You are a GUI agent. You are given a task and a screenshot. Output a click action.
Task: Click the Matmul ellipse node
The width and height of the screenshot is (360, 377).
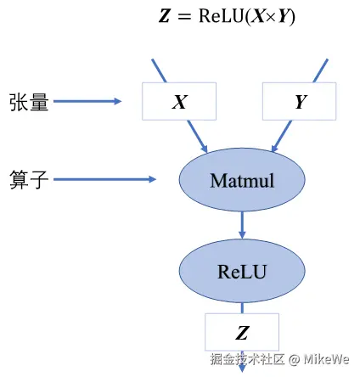tap(242, 180)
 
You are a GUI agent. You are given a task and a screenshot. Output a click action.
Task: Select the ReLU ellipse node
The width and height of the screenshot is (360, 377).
tap(242, 271)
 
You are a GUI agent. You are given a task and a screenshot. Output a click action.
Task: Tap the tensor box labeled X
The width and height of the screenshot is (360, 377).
tap(179, 101)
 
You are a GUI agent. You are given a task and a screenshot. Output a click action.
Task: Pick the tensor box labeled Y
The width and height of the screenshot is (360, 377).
tap(300, 101)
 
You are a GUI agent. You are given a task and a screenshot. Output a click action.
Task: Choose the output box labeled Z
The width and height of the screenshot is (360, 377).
tap(242, 332)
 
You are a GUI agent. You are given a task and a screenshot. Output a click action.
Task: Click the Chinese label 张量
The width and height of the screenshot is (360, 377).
tap(29, 102)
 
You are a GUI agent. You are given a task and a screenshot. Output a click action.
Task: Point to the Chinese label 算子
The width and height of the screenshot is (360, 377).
tap(29, 179)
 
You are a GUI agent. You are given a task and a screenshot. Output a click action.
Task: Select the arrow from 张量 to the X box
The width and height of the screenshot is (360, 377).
tap(87, 101)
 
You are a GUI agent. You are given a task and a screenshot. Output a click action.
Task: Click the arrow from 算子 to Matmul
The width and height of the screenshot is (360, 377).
tap(104, 179)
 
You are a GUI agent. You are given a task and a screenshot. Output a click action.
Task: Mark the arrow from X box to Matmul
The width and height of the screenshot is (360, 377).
tap(198, 137)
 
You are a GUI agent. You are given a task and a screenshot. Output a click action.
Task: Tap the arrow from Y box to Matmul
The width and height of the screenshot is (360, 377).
tap(281, 137)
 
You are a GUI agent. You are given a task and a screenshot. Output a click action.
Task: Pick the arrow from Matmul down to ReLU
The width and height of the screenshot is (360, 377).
tap(242, 225)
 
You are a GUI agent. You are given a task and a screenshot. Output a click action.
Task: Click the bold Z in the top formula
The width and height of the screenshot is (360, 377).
tap(165, 16)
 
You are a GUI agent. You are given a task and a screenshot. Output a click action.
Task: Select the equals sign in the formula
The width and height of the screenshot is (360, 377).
tap(184, 17)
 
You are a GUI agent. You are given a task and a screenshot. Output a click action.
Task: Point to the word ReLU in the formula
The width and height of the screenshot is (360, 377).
tap(222, 16)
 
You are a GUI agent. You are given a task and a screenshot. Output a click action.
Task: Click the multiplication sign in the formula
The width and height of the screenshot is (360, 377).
tap(272, 17)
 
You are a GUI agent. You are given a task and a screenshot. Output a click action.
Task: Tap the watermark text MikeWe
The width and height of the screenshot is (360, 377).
tap(326, 359)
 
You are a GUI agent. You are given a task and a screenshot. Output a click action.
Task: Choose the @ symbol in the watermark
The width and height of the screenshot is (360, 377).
tap(295, 360)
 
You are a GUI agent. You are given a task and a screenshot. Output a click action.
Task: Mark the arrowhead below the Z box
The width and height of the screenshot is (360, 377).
tap(242, 368)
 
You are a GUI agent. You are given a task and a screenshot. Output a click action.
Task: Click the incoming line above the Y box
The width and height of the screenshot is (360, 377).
tap(321, 70)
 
